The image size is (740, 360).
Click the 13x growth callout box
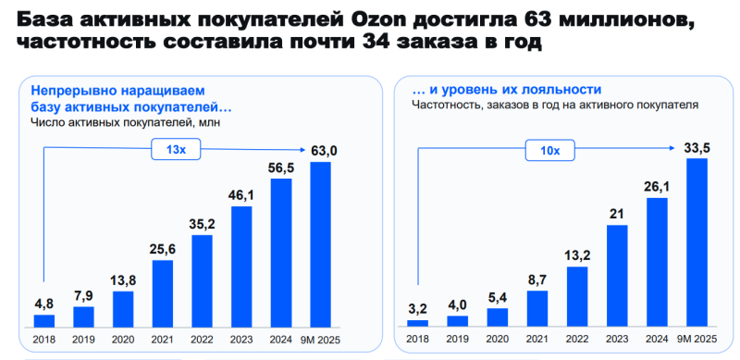(176, 149)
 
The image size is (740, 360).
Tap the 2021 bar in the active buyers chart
(162, 294)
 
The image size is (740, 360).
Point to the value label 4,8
(44, 302)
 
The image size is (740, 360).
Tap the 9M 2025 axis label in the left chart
(320, 338)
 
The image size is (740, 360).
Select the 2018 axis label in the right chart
(418, 338)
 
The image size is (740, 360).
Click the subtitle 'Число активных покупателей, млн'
(127, 122)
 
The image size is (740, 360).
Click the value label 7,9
(84, 295)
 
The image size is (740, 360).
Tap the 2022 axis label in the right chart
(578, 338)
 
